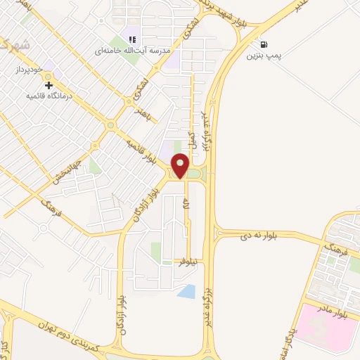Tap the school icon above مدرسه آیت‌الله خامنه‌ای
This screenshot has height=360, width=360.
click(x=132, y=39)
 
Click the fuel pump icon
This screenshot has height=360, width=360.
click(x=263, y=43)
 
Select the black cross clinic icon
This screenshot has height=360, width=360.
click(x=49, y=85)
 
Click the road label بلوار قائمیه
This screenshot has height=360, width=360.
click(x=141, y=146)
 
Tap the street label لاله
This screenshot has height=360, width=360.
click(x=186, y=206)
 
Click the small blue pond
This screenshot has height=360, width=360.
click(x=186, y=290)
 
